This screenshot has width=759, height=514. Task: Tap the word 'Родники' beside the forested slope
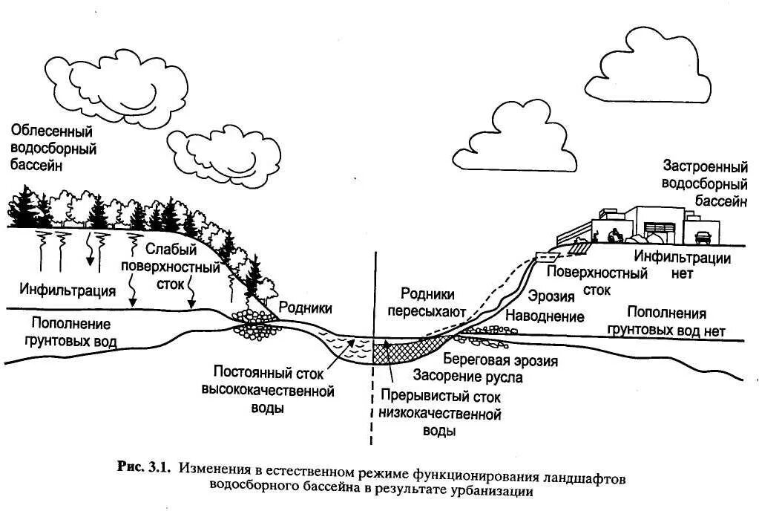[x=305, y=308]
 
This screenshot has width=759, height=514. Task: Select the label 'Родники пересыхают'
[x=427, y=302]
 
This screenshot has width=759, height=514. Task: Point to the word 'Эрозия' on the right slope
[x=555, y=297]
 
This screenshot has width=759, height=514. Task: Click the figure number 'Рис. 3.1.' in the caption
[x=144, y=467]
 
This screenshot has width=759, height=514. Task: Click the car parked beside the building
[x=702, y=237]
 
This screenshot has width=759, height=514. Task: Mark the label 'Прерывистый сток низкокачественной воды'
[x=439, y=414]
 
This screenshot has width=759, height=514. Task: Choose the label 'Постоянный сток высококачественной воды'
[x=268, y=388]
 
